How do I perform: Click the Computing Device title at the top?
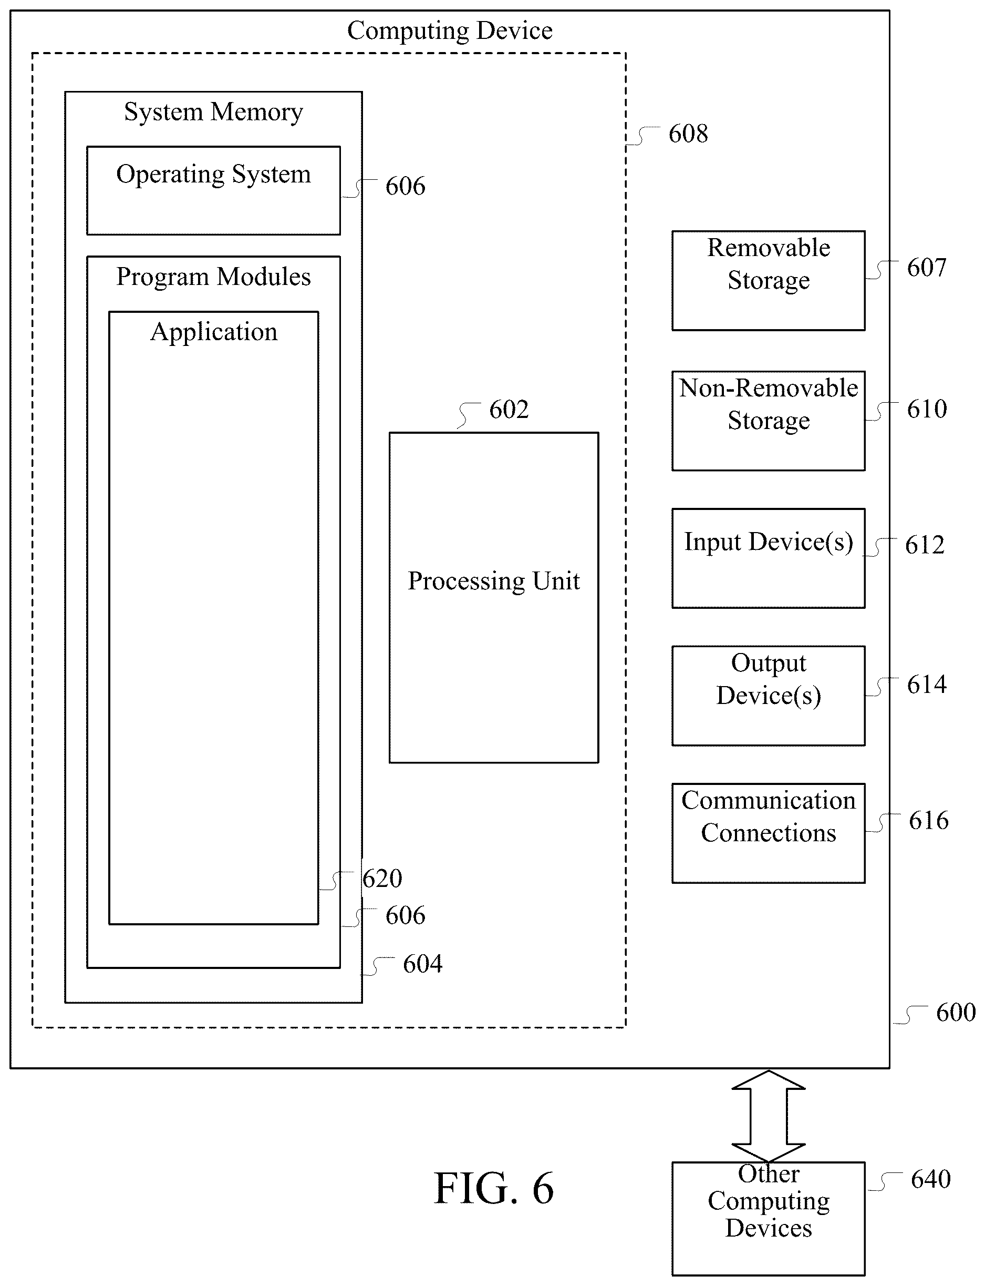coord(450,31)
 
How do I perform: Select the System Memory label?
coord(213,112)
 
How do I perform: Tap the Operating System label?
coord(213,174)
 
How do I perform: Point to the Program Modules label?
coord(213,277)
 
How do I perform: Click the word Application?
coord(213,332)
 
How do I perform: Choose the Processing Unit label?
coord(494,581)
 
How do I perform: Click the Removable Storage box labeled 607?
coord(768,280)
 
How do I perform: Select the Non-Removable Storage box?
coord(768,421)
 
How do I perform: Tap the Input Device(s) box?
coord(768,558)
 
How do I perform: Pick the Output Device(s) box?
coord(768,696)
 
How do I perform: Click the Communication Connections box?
coord(768,833)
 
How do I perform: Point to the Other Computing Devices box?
coord(768,1219)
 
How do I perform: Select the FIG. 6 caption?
coord(494,1189)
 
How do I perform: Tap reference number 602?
coord(509,410)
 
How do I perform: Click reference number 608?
coord(688,134)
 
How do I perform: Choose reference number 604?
coord(423,964)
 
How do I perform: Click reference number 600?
coord(956,1012)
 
